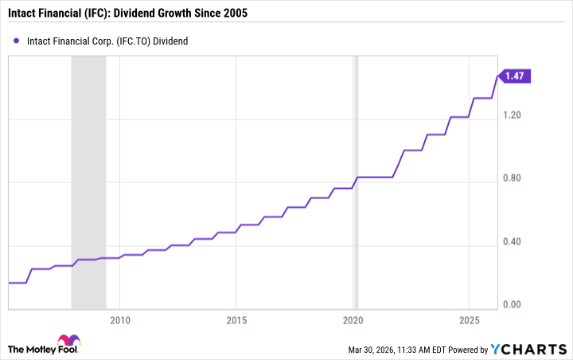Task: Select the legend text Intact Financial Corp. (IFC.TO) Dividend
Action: pyautogui.click(x=107, y=41)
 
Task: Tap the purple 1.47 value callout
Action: pyautogui.click(x=517, y=76)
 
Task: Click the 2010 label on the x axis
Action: pyautogui.click(x=119, y=320)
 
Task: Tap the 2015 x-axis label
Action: pyautogui.click(x=236, y=320)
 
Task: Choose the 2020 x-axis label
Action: pyautogui.click(x=353, y=320)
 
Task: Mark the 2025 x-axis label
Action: pyautogui.click(x=469, y=320)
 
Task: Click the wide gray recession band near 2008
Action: pyautogui.click(x=88, y=183)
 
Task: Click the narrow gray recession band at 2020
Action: pyautogui.click(x=357, y=183)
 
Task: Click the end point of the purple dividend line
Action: pyautogui.click(x=498, y=76)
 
